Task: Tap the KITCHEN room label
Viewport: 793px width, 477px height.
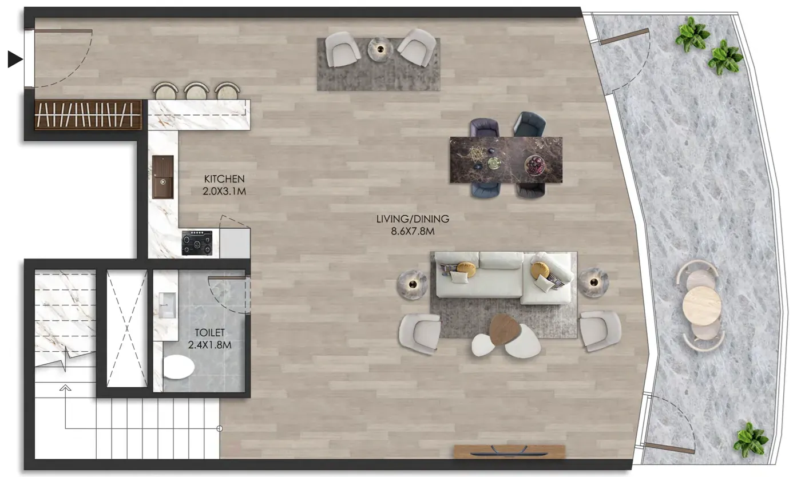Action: click(224, 179)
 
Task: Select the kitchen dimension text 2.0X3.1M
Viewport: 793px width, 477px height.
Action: click(224, 192)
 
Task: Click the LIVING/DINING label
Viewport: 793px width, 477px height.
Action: click(413, 219)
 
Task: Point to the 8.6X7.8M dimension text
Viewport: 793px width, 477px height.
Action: click(413, 232)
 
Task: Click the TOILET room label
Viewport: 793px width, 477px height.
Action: click(209, 333)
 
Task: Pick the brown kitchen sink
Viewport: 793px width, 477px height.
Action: click(163, 177)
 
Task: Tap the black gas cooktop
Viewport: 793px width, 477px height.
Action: click(197, 243)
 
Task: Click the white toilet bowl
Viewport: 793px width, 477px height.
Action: click(179, 367)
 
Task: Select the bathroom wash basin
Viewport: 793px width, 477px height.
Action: click(167, 305)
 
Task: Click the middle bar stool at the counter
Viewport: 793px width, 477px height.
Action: click(196, 91)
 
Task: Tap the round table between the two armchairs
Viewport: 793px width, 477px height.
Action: click(380, 49)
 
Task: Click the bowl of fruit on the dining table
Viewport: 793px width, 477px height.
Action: click(535, 165)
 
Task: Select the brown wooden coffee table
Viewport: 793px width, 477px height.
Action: click(505, 329)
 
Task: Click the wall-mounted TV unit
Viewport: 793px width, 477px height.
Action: click(509, 451)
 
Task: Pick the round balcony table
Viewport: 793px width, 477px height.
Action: click(701, 306)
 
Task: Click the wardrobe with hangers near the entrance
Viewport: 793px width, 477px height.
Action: click(88, 115)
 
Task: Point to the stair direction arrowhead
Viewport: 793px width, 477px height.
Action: click(65, 388)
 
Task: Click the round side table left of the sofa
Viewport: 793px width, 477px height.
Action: click(412, 285)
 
